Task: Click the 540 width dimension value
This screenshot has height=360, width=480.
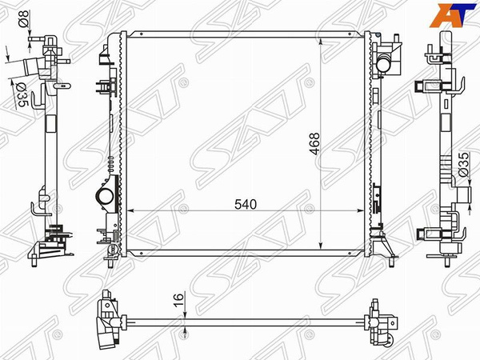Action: click(246, 204)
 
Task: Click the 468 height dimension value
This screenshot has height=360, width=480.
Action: click(314, 143)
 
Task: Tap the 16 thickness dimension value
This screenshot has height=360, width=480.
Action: click(178, 299)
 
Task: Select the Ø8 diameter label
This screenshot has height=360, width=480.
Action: click(24, 18)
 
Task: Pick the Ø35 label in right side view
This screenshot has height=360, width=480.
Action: click(464, 165)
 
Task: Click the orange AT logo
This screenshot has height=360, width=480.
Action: click(453, 15)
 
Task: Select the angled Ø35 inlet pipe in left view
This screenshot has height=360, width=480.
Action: click(31, 68)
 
